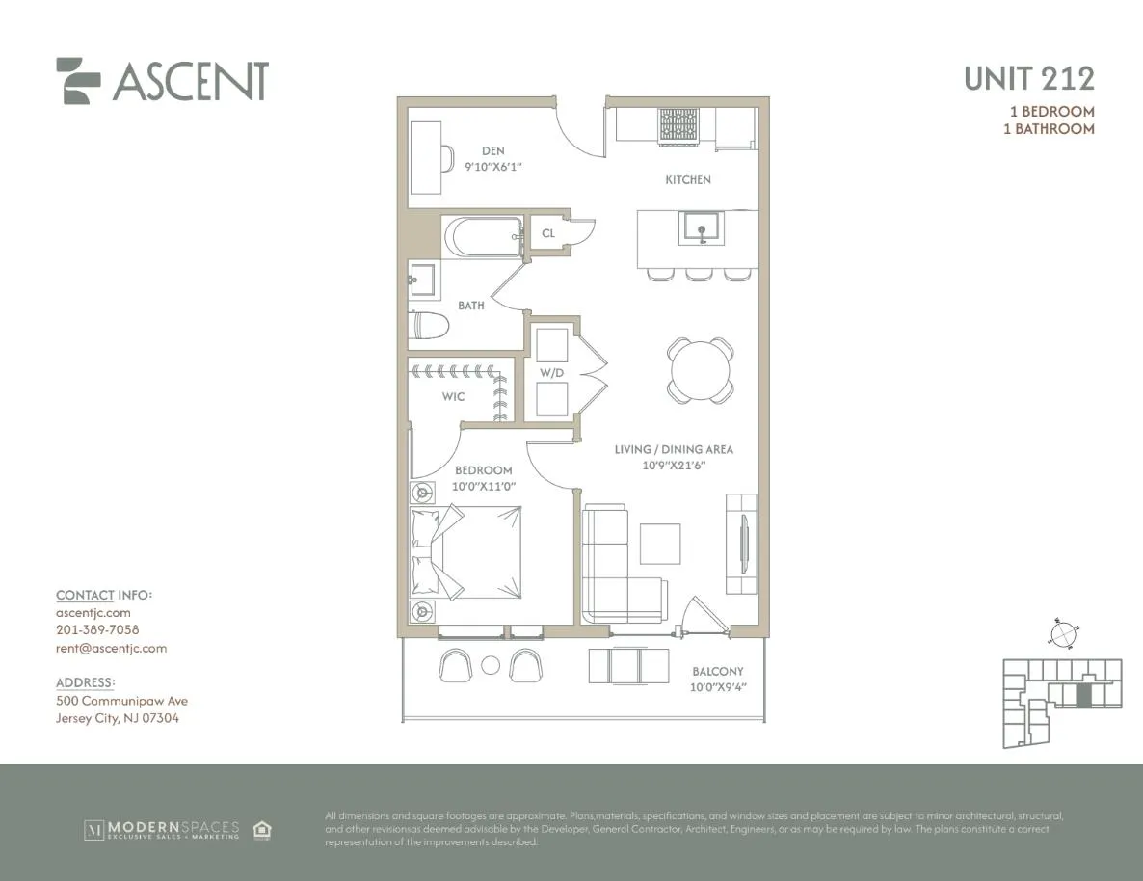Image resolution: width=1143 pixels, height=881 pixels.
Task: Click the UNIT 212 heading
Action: click(x=1028, y=78)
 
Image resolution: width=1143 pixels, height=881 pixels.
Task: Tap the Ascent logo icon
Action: click(x=78, y=81)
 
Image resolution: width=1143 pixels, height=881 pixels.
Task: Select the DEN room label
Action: click(x=492, y=150)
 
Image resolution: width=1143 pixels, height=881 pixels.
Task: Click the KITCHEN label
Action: click(x=687, y=180)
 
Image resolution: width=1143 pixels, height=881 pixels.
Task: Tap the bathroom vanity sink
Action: click(x=422, y=280)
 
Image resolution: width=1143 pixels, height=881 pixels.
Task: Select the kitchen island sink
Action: click(x=700, y=228)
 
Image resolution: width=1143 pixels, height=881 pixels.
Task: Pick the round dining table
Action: click(x=700, y=370)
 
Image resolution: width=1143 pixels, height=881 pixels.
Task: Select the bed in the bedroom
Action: click(x=467, y=552)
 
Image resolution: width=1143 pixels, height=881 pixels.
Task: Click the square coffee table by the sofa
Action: click(x=660, y=544)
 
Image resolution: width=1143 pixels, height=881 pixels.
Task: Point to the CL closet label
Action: click(x=547, y=233)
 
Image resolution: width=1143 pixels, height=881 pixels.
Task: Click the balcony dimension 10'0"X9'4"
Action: click(x=718, y=687)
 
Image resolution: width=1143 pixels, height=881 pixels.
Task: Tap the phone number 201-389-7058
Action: click(x=97, y=629)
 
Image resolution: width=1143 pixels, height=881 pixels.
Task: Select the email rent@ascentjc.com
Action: click(x=111, y=648)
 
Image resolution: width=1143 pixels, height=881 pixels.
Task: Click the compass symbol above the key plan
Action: click(x=1061, y=634)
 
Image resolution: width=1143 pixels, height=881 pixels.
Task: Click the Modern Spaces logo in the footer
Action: click(x=162, y=830)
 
